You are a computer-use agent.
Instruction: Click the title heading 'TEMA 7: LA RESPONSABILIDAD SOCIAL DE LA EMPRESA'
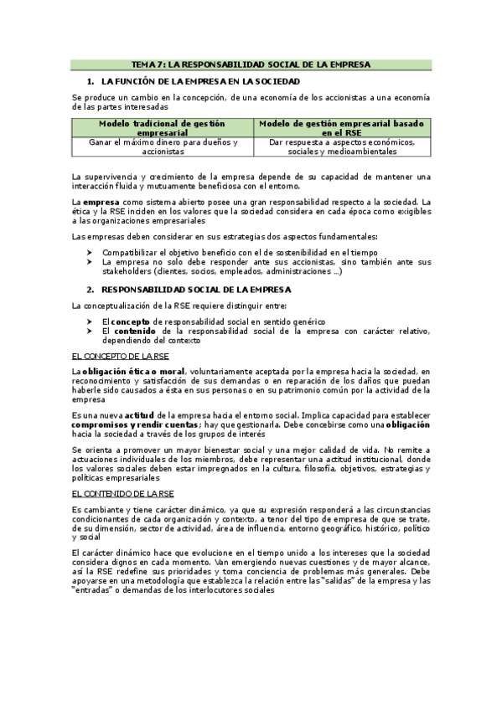click(251, 64)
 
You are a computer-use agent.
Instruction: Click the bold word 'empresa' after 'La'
click(101, 202)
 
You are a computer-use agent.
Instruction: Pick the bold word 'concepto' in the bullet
click(132, 322)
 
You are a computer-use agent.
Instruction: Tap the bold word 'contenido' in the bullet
click(134, 332)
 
